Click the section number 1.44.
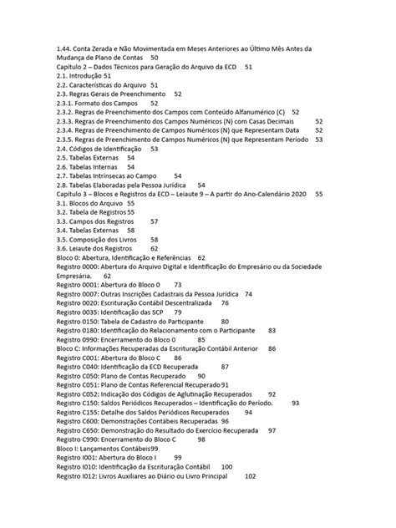65,48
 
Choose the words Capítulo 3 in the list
75,193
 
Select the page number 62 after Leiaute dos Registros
155,248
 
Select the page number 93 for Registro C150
295,403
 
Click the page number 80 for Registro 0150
225,321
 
